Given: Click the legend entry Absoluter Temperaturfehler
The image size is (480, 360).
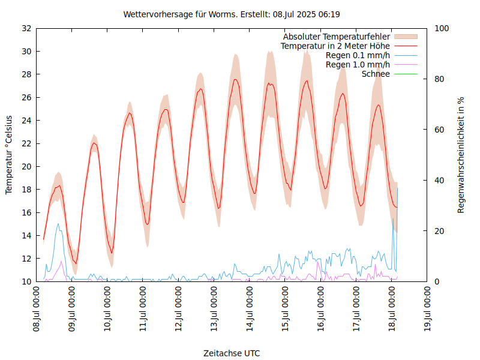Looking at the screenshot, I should [336, 37].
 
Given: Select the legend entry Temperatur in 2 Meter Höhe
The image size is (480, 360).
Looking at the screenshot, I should [335, 46].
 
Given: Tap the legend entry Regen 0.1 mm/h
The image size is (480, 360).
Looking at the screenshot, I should [358, 55].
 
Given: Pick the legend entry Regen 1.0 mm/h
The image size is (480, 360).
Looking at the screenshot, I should [358, 64].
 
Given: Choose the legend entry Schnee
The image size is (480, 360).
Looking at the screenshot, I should [376, 74].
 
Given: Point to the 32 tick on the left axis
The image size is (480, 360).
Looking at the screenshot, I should [26, 28].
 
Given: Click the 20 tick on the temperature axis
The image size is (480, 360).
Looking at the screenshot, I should [26, 166].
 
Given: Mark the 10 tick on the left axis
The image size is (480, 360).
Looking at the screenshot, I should [26, 281].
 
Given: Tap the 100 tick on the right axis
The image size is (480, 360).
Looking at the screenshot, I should [441, 28].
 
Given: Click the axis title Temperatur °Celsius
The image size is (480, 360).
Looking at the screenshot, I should [9, 155].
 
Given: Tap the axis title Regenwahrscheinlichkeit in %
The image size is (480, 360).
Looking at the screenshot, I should [461, 155].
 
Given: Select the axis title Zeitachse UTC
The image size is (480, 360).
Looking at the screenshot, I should [232, 353].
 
